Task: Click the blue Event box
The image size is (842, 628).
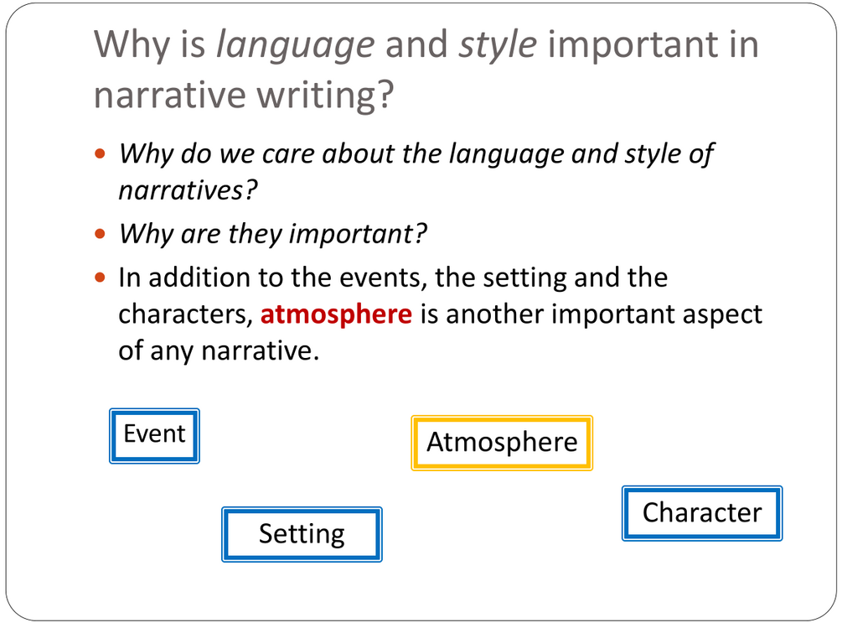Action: pos(155,436)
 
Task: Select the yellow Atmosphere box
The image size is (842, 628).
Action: pos(502,443)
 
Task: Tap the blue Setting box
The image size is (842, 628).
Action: pos(302,534)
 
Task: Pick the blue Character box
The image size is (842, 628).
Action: pos(702,513)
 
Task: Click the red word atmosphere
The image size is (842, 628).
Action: pos(336,314)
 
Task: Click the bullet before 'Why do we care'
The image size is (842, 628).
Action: pos(100,154)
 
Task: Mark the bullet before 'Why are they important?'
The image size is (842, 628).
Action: pos(100,234)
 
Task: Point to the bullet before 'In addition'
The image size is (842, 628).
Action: pos(100,278)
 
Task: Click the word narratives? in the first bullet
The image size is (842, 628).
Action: pos(188,190)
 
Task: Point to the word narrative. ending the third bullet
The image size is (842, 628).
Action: pos(261,351)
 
